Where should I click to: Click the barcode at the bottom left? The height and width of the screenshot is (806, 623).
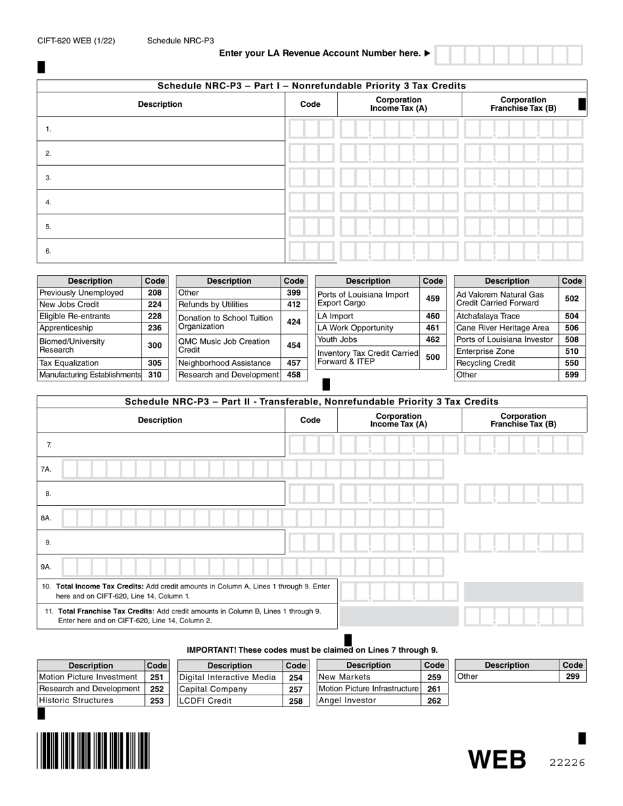(x=93, y=750)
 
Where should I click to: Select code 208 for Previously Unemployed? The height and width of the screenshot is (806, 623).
(x=155, y=293)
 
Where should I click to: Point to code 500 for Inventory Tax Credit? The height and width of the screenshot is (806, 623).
(x=433, y=357)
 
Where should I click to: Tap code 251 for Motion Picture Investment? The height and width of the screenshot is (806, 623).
(x=156, y=677)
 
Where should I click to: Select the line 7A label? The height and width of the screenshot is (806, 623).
(x=46, y=469)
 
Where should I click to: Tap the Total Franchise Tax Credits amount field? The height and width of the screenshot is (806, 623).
(x=523, y=616)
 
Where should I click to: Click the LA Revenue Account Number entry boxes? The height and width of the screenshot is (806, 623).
(x=508, y=54)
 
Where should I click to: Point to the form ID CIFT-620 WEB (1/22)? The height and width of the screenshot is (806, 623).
(x=76, y=41)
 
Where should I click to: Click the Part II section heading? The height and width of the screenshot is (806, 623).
(x=311, y=401)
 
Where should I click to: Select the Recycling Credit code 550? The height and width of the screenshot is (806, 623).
(x=572, y=363)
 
